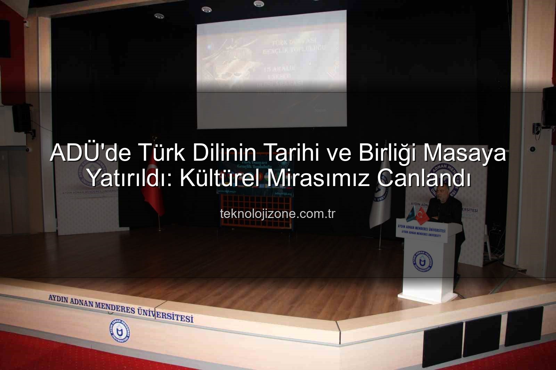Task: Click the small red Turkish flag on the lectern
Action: click(421, 216)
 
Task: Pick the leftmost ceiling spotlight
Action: click(158, 16)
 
